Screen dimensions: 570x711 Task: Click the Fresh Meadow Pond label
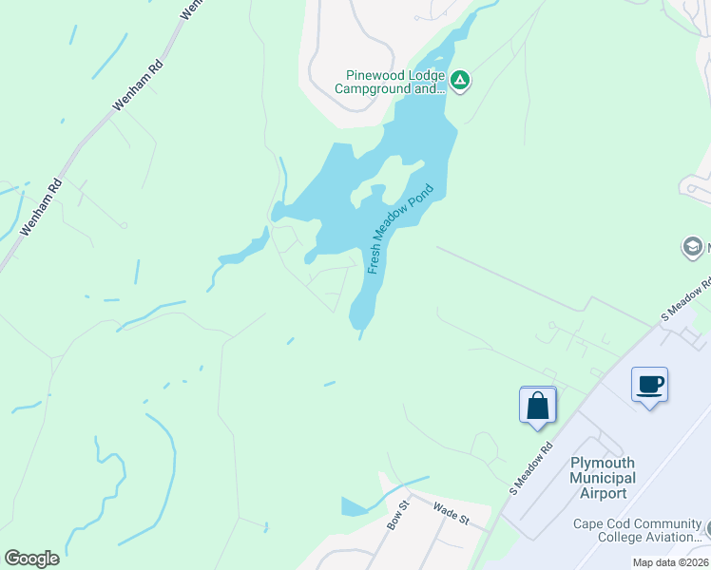pyautogui.click(x=400, y=228)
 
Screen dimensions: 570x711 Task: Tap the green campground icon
pyautogui.click(x=460, y=81)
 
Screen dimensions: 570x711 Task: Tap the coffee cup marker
pyautogui.click(x=649, y=385)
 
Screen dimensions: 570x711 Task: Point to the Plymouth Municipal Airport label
pyautogui.click(x=603, y=478)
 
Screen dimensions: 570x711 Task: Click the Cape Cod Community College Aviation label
pyautogui.click(x=637, y=530)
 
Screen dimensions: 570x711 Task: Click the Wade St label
pyautogui.click(x=452, y=514)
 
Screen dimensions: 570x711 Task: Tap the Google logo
pyautogui.click(x=31, y=559)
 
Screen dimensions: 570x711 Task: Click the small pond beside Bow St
pyautogui.click(x=354, y=506)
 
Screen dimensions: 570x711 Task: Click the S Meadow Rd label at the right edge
pyautogui.click(x=686, y=298)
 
